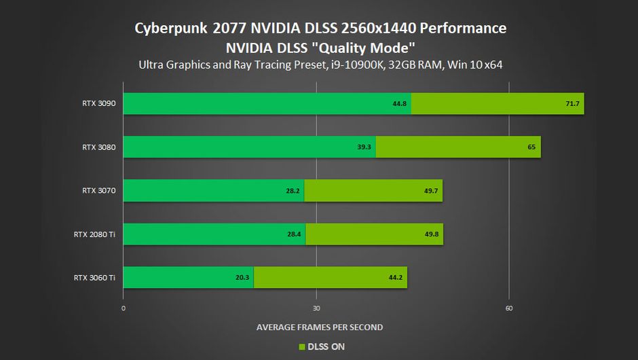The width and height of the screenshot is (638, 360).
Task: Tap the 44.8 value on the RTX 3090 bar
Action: [399, 104]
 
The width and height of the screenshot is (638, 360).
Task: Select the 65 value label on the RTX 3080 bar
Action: [531, 147]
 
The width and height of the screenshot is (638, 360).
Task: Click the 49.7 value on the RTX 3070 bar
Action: [431, 191]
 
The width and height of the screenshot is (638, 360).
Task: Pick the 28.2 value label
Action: [293, 191]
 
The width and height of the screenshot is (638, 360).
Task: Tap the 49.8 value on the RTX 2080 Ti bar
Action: [431, 234]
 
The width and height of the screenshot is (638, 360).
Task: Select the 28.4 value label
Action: [293, 234]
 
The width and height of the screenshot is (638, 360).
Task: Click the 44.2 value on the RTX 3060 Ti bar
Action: [395, 278]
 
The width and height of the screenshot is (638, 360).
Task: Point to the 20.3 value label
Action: [242, 278]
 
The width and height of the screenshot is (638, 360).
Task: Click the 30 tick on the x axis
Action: [316, 308]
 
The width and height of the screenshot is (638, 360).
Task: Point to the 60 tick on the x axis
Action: [509, 308]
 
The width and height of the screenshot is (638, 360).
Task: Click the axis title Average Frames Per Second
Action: [319, 327]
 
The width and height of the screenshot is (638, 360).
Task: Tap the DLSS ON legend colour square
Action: [302, 347]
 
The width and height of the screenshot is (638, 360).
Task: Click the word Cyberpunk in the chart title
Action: [172, 29]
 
